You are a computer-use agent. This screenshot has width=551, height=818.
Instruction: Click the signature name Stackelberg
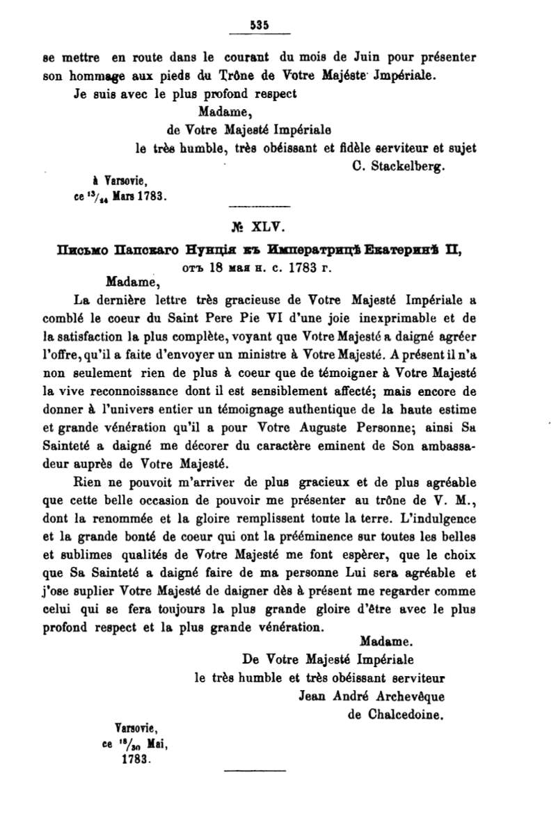click(409, 167)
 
